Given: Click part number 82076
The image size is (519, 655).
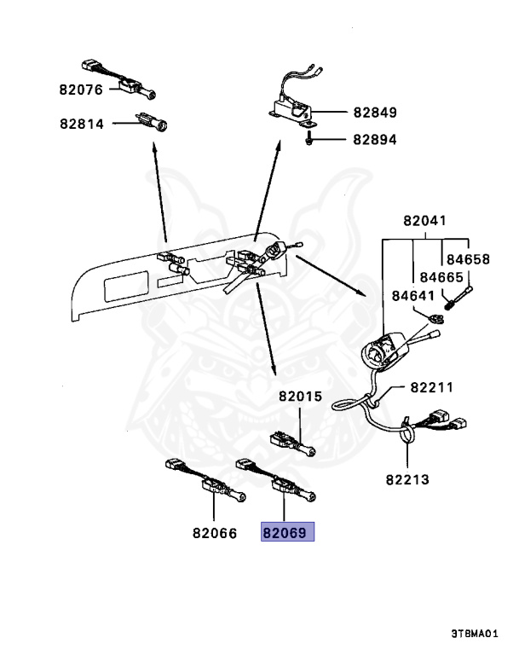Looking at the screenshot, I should [x=81, y=89].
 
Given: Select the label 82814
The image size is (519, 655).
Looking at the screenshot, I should [x=81, y=124].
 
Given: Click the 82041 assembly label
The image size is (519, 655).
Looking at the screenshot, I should [x=424, y=221].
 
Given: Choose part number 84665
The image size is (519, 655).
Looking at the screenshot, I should [x=440, y=277].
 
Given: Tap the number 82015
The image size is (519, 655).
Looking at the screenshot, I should [x=300, y=397].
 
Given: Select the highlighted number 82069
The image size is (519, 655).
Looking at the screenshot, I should [x=287, y=534].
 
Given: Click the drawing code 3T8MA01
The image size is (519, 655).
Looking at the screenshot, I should [x=479, y=635].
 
